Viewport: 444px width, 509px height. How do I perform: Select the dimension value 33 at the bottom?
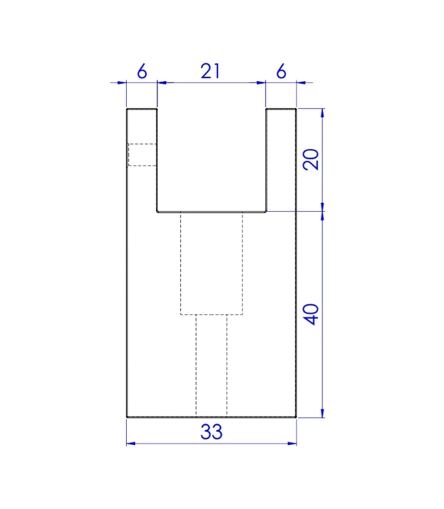pos(211,432)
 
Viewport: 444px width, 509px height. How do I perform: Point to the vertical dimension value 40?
pos(311,314)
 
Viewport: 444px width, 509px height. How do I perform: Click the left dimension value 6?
pos(141,72)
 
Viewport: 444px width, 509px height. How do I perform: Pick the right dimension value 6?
pos(281,72)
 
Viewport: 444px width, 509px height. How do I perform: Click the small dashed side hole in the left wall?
pos(142,155)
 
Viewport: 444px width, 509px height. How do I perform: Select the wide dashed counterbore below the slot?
pos(211,263)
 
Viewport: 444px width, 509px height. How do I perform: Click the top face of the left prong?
pos(141,110)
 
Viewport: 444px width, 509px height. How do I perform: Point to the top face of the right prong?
pos(281,110)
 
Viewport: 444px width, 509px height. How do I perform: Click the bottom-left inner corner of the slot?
pos(158,212)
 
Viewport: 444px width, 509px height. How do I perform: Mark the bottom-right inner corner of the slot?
pos(265,212)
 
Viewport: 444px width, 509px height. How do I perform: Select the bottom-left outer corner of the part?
pos(127,417)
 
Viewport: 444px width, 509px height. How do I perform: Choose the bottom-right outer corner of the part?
pos(296,417)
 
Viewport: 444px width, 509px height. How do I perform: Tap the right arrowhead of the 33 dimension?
pos(294,443)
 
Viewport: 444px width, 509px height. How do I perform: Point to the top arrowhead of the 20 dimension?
pos(323,112)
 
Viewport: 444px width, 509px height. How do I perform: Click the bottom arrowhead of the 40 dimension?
pos(323,415)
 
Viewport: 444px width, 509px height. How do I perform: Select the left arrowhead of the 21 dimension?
pos(160,82)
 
